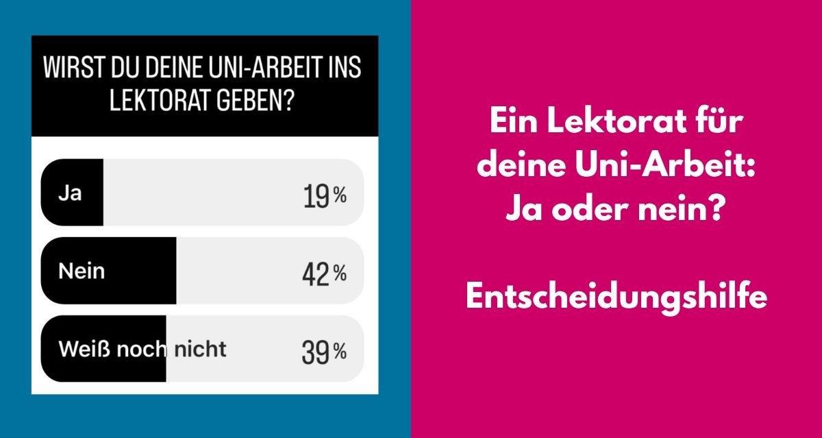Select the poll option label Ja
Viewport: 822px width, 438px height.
[x=70, y=193]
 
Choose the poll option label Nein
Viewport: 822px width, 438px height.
[x=82, y=271]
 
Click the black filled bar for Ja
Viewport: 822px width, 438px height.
[x=72, y=193]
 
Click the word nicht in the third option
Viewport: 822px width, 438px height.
[x=199, y=350]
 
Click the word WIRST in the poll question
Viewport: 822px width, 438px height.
[x=73, y=71]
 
